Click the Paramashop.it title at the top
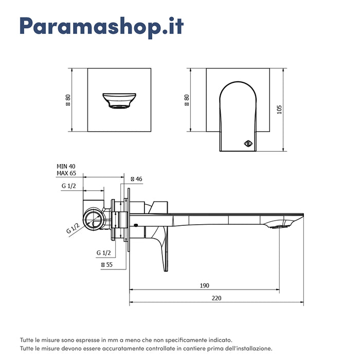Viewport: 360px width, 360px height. pyautogui.click(x=101, y=27)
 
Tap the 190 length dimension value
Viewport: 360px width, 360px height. pyautogui.click(x=205, y=285)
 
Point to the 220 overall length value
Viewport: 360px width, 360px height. pyautogui.click(x=216, y=298)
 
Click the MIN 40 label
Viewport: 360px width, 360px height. pyautogui.click(x=66, y=166)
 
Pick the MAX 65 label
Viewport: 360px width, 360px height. pyautogui.click(x=66, y=173)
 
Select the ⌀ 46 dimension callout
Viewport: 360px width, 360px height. pyautogui.click(x=136, y=179)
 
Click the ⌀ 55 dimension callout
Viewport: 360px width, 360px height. pyautogui.click(x=107, y=264)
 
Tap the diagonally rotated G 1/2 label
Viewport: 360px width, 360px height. pyautogui.click(x=73, y=227)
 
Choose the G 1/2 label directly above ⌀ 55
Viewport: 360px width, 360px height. pyautogui.click(x=103, y=253)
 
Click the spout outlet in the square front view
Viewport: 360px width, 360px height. pyautogui.click(x=119, y=101)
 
